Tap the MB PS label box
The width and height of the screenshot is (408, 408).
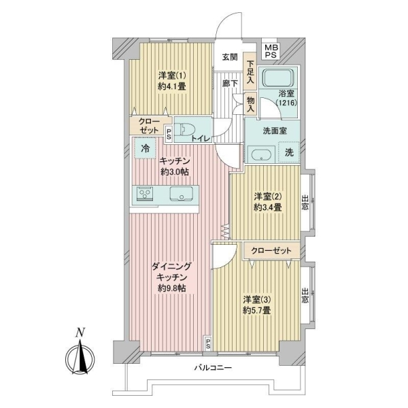[x=271, y=52]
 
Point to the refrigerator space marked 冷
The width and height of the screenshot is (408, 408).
[x=146, y=148]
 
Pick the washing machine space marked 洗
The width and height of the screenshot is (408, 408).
[x=289, y=152]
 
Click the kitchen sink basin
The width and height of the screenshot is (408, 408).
[x=182, y=194]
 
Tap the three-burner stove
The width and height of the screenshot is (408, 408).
[x=145, y=194]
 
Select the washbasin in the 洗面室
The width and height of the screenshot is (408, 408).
[x=261, y=154]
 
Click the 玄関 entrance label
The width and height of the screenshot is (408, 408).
[x=230, y=56]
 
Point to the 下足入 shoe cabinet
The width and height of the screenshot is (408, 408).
[x=250, y=72]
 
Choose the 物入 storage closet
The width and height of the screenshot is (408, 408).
[x=250, y=103]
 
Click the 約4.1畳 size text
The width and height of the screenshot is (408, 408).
[x=172, y=86]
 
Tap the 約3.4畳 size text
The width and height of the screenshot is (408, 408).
[x=268, y=207]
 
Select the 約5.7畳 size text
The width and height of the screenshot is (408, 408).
[x=257, y=311]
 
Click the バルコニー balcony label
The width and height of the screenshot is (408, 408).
[x=213, y=368]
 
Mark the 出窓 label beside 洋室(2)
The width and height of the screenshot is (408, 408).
[x=305, y=203]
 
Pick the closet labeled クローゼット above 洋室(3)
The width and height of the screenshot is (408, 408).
[x=271, y=251]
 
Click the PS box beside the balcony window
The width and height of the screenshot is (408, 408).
[x=208, y=343]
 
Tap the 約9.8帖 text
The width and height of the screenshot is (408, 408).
[x=172, y=288]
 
